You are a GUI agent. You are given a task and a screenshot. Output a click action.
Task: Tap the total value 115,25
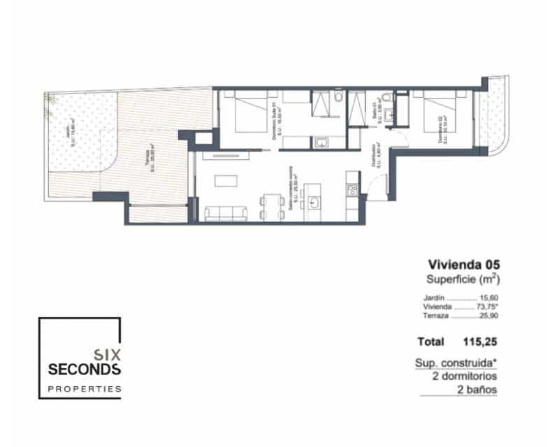coord(479,342)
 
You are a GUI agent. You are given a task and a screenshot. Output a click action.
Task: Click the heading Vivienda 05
coord(463,265)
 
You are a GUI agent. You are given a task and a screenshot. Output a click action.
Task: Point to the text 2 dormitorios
coord(465,376)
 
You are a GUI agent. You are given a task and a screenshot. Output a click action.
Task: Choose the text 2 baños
coord(479,390)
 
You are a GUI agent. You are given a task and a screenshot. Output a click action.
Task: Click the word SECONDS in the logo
coord(85,368)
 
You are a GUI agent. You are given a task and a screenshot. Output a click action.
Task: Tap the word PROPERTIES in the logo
coord(84,388)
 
